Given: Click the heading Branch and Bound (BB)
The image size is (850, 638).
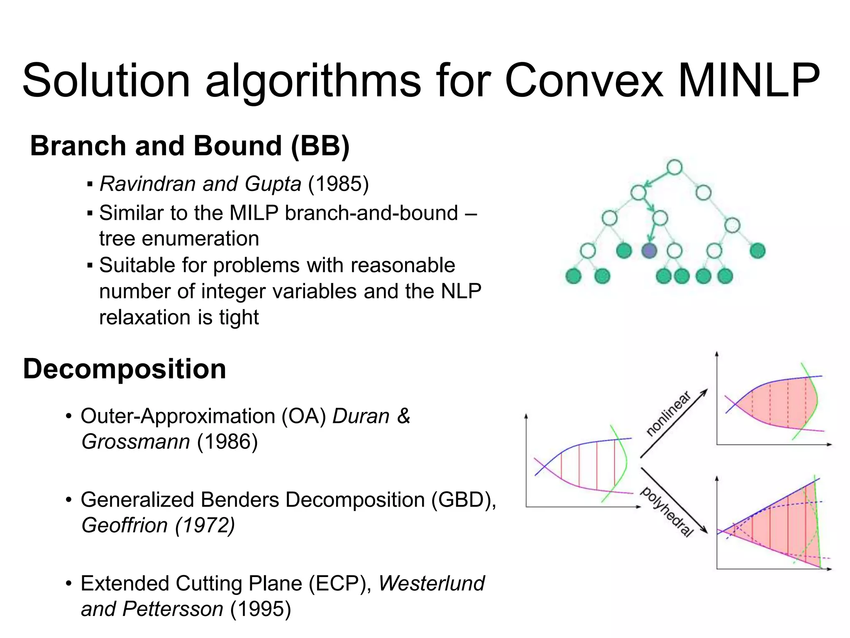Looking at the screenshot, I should point(190,146).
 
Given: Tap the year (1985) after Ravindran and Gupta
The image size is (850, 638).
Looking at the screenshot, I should point(338,184).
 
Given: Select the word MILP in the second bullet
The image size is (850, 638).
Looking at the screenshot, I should point(254,213).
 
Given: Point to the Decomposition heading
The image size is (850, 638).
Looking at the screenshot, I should point(125,369).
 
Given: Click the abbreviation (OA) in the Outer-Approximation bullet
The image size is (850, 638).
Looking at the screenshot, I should point(304,416).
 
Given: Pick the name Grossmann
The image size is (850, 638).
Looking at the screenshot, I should point(136,442).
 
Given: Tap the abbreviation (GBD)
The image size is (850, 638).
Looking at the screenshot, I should point(463,500).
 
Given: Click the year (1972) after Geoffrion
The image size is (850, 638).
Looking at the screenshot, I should point(205,525).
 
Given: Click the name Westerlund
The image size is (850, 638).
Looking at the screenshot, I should point(431,583).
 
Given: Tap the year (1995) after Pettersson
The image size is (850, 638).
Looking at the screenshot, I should point(261,609).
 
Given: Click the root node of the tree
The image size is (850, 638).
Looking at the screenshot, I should point(674,168).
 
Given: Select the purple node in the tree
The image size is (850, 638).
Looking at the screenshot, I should point(649,250).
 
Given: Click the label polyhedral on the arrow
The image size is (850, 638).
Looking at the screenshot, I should point(667,512).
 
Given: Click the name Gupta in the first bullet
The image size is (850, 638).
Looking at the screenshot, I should point(273,184).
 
